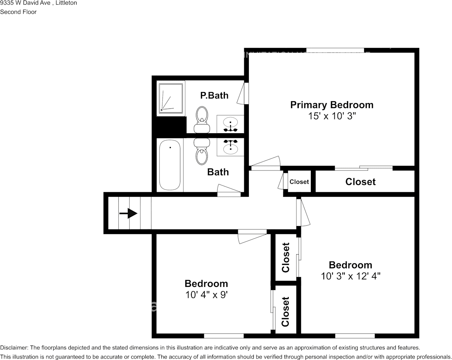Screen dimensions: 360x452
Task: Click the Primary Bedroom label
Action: (x=332, y=105)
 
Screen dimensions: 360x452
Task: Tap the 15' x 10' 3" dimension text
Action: (x=332, y=116)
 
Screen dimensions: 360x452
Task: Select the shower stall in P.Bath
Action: (x=171, y=98)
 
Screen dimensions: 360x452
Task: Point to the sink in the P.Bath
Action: (x=230, y=124)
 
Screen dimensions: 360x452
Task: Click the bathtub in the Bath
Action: (x=170, y=165)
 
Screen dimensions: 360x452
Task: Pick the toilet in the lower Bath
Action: (x=202, y=151)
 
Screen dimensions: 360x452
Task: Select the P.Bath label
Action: (x=214, y=95)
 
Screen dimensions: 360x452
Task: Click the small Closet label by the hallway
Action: (x=299, y=182)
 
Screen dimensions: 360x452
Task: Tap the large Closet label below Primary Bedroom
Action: (x=360, y=182)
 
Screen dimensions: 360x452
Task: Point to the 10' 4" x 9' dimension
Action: (x=206, y=295)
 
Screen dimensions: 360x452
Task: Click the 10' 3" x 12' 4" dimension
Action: (x=350, y=276)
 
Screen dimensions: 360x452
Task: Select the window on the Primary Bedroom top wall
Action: (x=335, y=50)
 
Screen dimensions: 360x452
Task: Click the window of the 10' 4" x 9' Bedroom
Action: (x=224, y=336)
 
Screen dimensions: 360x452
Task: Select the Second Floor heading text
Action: (x=18, y=12)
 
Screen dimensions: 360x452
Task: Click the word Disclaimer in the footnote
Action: (x=14, y=348)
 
